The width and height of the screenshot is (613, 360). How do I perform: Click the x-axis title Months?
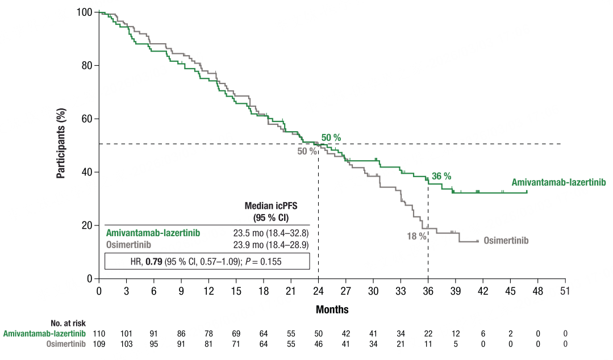(x=332, y=310)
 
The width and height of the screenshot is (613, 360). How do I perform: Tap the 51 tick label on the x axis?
(x=565, y=291)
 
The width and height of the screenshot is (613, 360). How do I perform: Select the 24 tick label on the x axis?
(x=318, y=291)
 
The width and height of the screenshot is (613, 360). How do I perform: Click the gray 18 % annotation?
(x=416, y=236)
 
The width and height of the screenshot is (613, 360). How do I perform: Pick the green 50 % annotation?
(x=331, y=138)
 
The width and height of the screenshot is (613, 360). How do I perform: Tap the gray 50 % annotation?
(x=307, y=152)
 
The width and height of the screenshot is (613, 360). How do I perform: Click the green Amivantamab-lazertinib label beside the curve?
(x=558, y=182)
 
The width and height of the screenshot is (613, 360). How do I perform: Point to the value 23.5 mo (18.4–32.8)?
(x=270, y=232)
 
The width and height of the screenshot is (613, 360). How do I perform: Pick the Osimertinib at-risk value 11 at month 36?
(x=428, y=344)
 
